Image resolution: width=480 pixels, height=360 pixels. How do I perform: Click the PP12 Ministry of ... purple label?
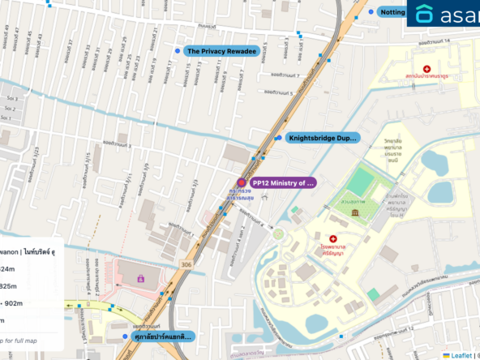pos(281,183)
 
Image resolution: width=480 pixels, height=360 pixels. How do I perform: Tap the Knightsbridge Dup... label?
pos(321,138)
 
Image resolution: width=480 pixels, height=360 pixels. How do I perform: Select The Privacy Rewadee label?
pos(221,51)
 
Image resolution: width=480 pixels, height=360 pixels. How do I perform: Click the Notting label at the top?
pos(392,12)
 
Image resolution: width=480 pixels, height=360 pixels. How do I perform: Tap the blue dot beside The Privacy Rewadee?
pos(178,51)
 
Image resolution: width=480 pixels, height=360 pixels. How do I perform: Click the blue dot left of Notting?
pos(371,12)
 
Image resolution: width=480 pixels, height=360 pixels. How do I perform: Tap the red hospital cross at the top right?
pos(427,69)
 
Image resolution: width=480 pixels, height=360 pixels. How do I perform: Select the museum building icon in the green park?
pos(355,212)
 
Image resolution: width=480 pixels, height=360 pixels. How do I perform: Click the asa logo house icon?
pos(423,14)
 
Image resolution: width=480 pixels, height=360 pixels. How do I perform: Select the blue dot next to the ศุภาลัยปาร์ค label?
pos(124,336)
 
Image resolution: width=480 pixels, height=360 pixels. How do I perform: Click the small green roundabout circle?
pos(278,234)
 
